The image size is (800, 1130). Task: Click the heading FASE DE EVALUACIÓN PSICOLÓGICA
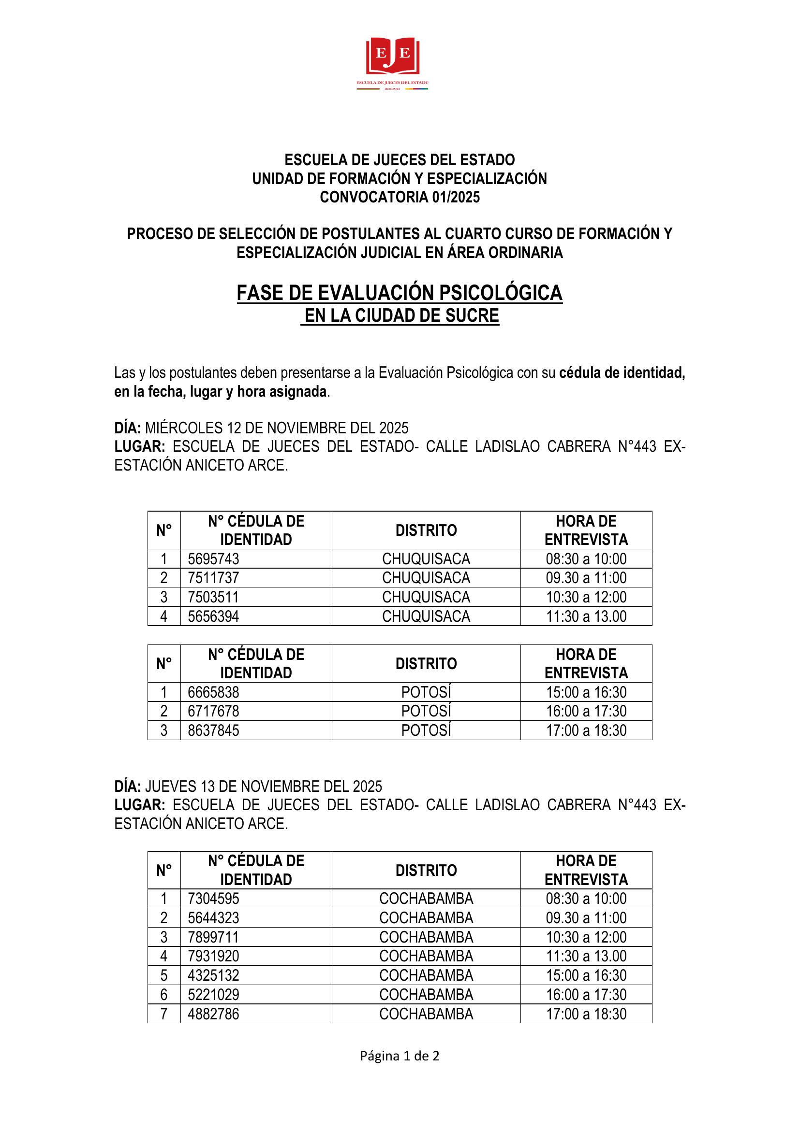[x=400, y=293]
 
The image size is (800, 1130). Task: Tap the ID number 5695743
[x=213, y=558]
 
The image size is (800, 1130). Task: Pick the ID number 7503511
[x=213, y=597]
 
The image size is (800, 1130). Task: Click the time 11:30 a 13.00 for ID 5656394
[x=586, y=616]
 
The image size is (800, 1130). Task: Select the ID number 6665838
[x=213, y=692]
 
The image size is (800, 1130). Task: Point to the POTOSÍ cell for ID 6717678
[x=426, y=711]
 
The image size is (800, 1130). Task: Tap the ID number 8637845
[x=213, y=730]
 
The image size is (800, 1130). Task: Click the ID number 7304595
[x=213, y=899]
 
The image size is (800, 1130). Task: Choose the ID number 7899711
[x=213, y=937]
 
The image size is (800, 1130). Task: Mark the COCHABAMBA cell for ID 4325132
[x=426, y=975]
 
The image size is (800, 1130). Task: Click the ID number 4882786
[x=213, y=1014]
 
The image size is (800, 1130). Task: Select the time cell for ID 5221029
[x=586, y=995]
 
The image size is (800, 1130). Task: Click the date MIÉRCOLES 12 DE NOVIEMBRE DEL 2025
[x=276, y=428]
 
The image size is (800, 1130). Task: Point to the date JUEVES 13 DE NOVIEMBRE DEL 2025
[x=263, y=787]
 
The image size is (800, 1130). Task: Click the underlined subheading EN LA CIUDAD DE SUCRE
[x=401, y=315]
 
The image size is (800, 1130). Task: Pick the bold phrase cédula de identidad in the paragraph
[x=622, y=373]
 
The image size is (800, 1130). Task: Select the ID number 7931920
[x=213, y=956]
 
